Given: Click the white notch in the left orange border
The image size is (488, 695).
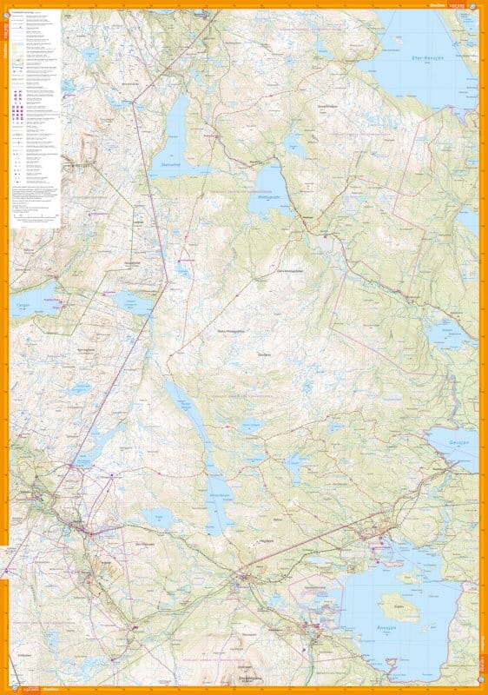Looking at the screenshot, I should pyautogui.click(x=4, y=549).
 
